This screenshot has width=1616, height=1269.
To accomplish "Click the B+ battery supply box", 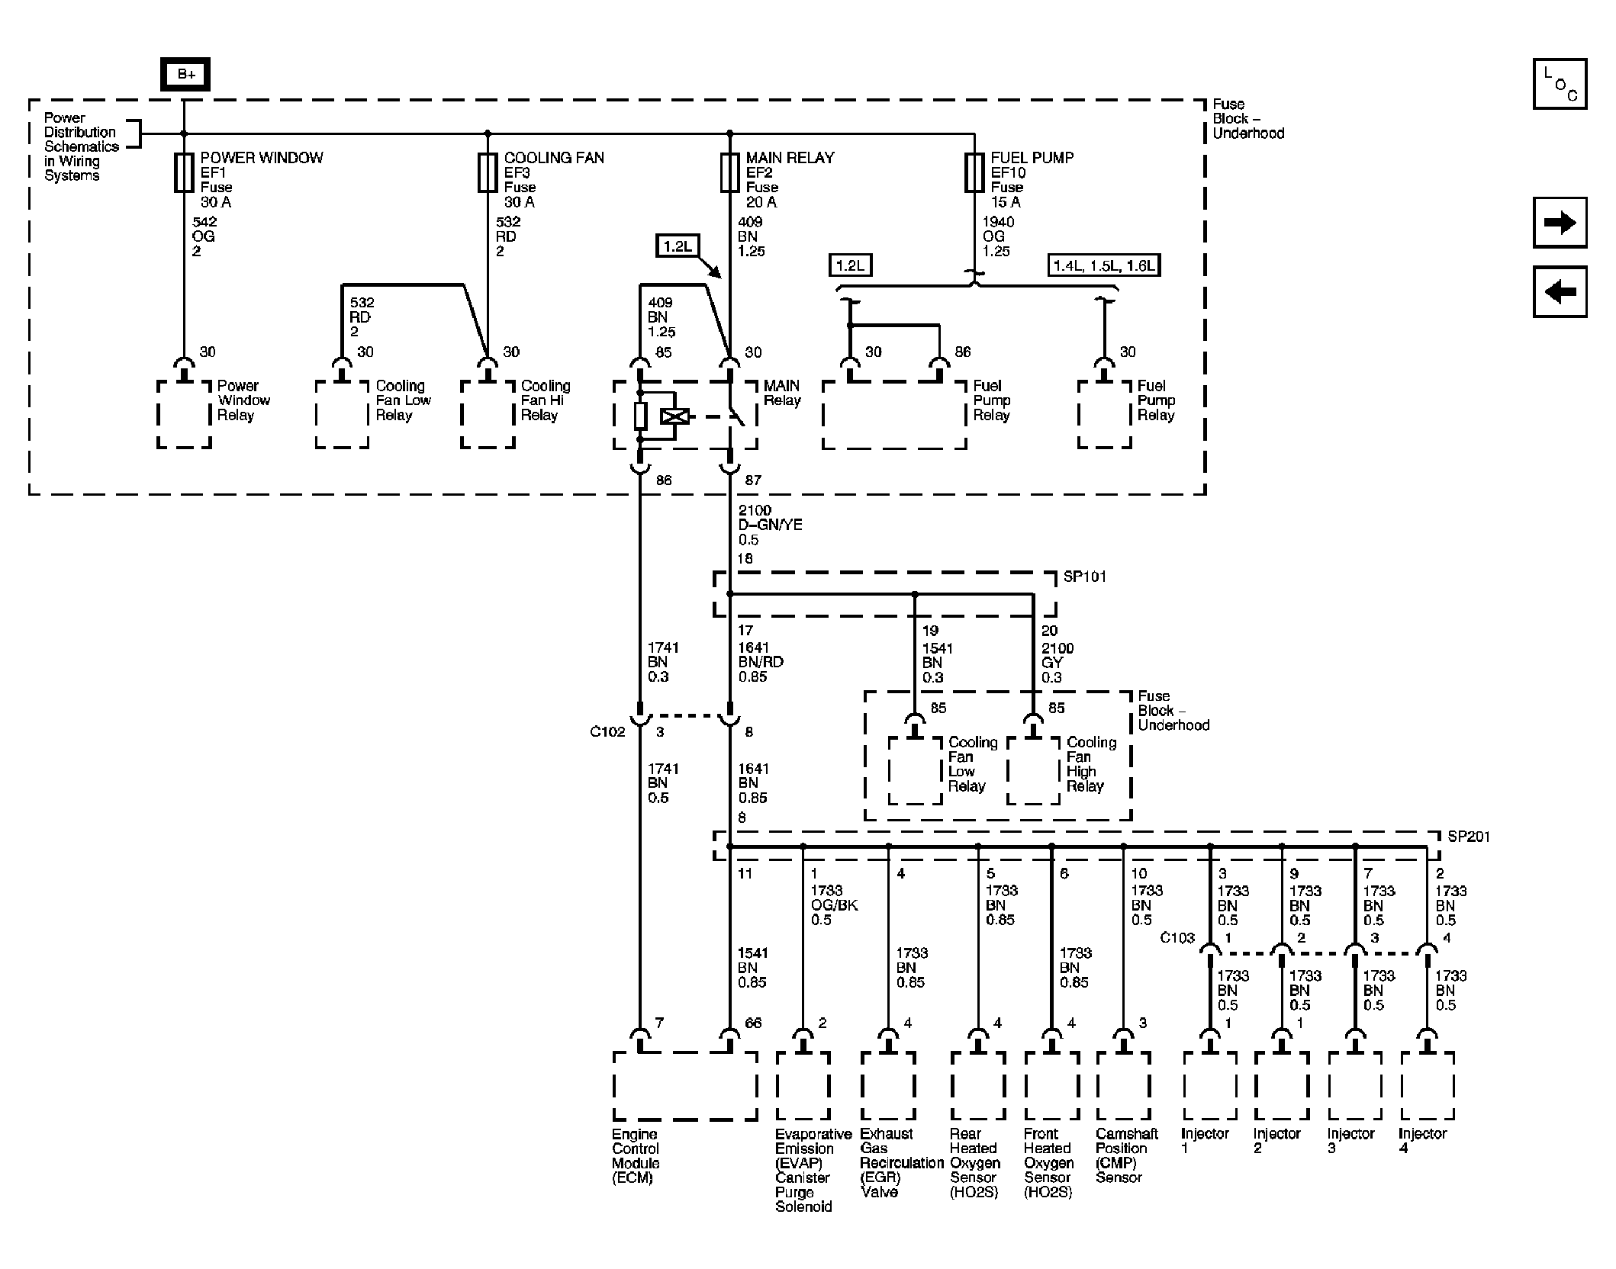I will point(185,75).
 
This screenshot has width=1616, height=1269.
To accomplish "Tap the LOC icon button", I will point(1560,84).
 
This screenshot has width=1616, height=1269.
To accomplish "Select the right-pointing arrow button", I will point(1560,223).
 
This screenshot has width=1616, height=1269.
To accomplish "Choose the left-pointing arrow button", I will point(1560,291).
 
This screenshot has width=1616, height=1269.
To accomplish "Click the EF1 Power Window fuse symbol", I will point(184,172).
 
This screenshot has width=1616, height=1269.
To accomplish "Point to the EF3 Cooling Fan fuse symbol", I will point(488,172).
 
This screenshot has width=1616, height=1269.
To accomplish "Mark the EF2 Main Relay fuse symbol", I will point(729,172).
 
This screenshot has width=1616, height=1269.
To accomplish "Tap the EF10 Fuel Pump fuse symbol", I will point(974,172).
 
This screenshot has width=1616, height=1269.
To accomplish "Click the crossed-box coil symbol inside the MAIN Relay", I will point(675,416).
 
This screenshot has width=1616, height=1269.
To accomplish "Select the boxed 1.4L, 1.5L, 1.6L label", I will point(1103,266).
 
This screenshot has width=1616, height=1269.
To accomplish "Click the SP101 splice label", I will point(1084,577).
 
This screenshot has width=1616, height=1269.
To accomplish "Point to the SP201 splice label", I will point(1468,837).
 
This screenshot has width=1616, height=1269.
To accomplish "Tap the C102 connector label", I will point(607,732).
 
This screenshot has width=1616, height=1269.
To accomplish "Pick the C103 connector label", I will point(1177,938).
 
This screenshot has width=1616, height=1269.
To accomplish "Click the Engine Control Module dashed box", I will point(684,1086).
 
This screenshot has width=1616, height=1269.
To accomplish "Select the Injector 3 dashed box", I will point(1354,1086).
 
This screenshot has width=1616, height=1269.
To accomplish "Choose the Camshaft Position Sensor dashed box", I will point(1122,1086).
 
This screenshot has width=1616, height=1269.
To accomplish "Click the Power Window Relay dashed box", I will point(184,415).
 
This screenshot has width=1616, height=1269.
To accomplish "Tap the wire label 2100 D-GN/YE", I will point(770,525).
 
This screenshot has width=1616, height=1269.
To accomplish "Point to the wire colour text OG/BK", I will point(834,905).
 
